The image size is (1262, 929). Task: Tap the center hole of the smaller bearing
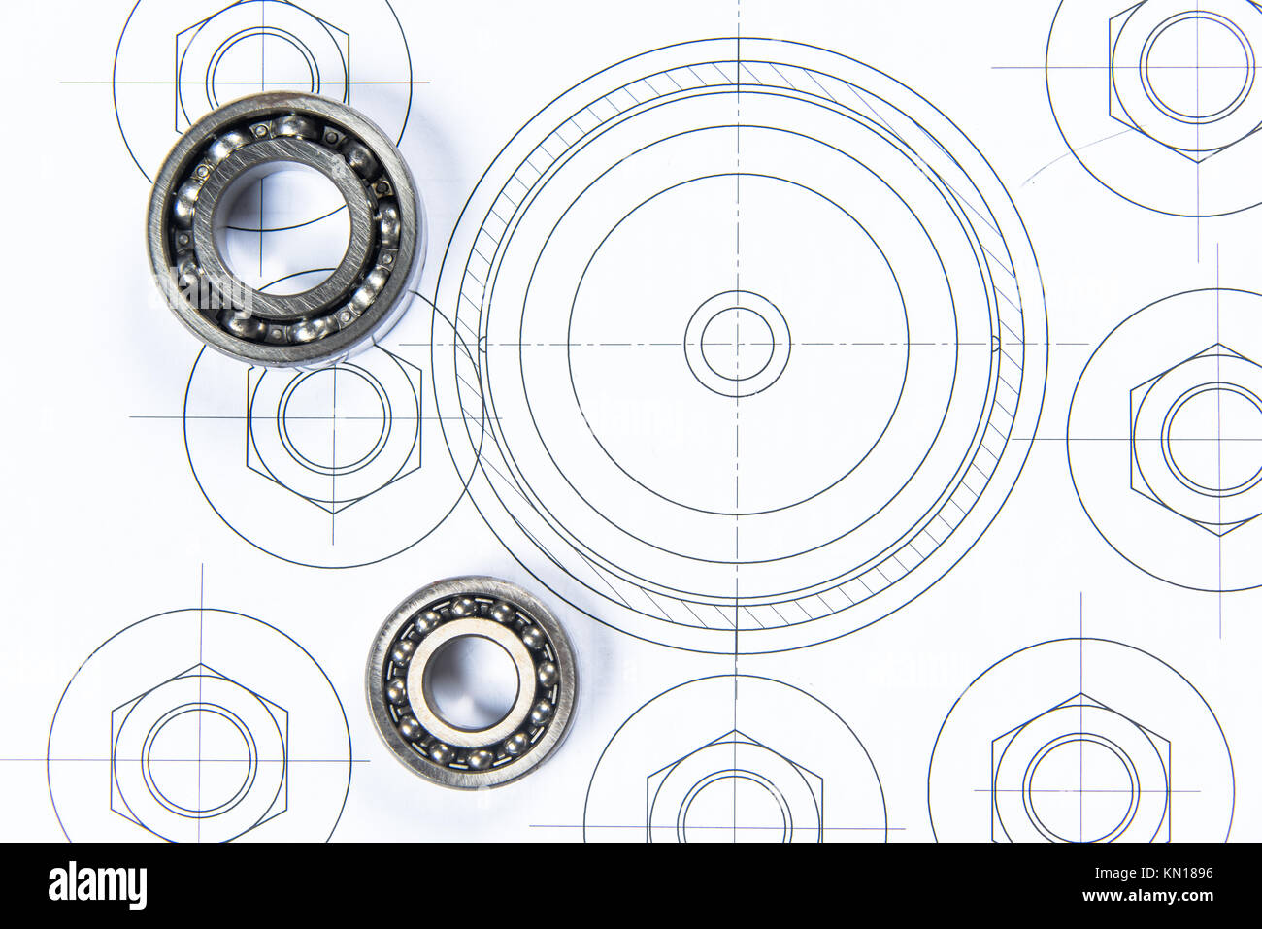tap(471, 680)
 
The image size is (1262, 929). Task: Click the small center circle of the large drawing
tap(737, 344)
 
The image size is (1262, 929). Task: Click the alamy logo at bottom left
tap(97, 885)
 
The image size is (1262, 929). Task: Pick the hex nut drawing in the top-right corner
tap(1196, 68)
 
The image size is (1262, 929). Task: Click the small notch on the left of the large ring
tap(482, 343)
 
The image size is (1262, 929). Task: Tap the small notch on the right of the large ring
tap(993, 342)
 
